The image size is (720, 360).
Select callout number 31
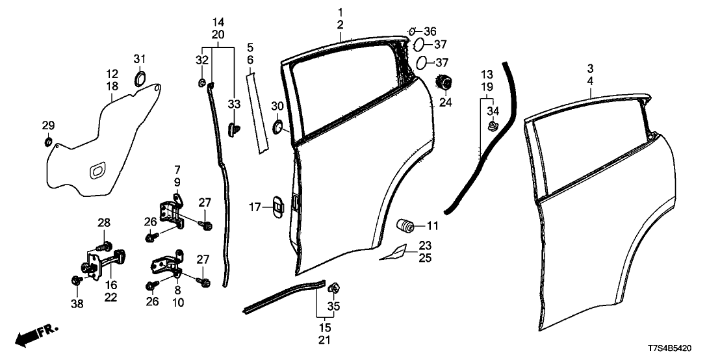pyautogui.click(x=140, y=59)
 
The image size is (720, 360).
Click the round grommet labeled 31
pyautogui.click(x=140, y=80)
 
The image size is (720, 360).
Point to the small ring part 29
pyautogui.click(x=48, y=142)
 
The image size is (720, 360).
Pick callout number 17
pyautogui.click(x=255, y=207)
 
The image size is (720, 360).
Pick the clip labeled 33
pyautogui.click(x=233, y=128)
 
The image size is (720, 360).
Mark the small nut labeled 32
pyautogui.click(x=203, y=83)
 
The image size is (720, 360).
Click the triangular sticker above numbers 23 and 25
pyautogui.click(x=394, y=252)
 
